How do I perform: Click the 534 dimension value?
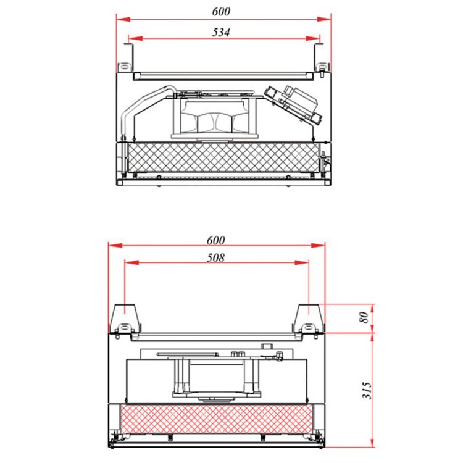(x=221, y=32)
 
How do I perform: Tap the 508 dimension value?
(x=215, y=258)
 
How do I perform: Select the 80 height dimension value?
(x=365, y=317)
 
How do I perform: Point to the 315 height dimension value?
(x=367, y=390)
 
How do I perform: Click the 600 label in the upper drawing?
(x=221, y=11)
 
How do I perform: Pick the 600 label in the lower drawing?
(x=216, y=240)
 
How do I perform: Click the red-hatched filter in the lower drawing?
(x=216, y=419)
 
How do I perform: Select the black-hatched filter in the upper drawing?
(x=223, y=157)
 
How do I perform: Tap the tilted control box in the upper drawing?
(x=294, y=104)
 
